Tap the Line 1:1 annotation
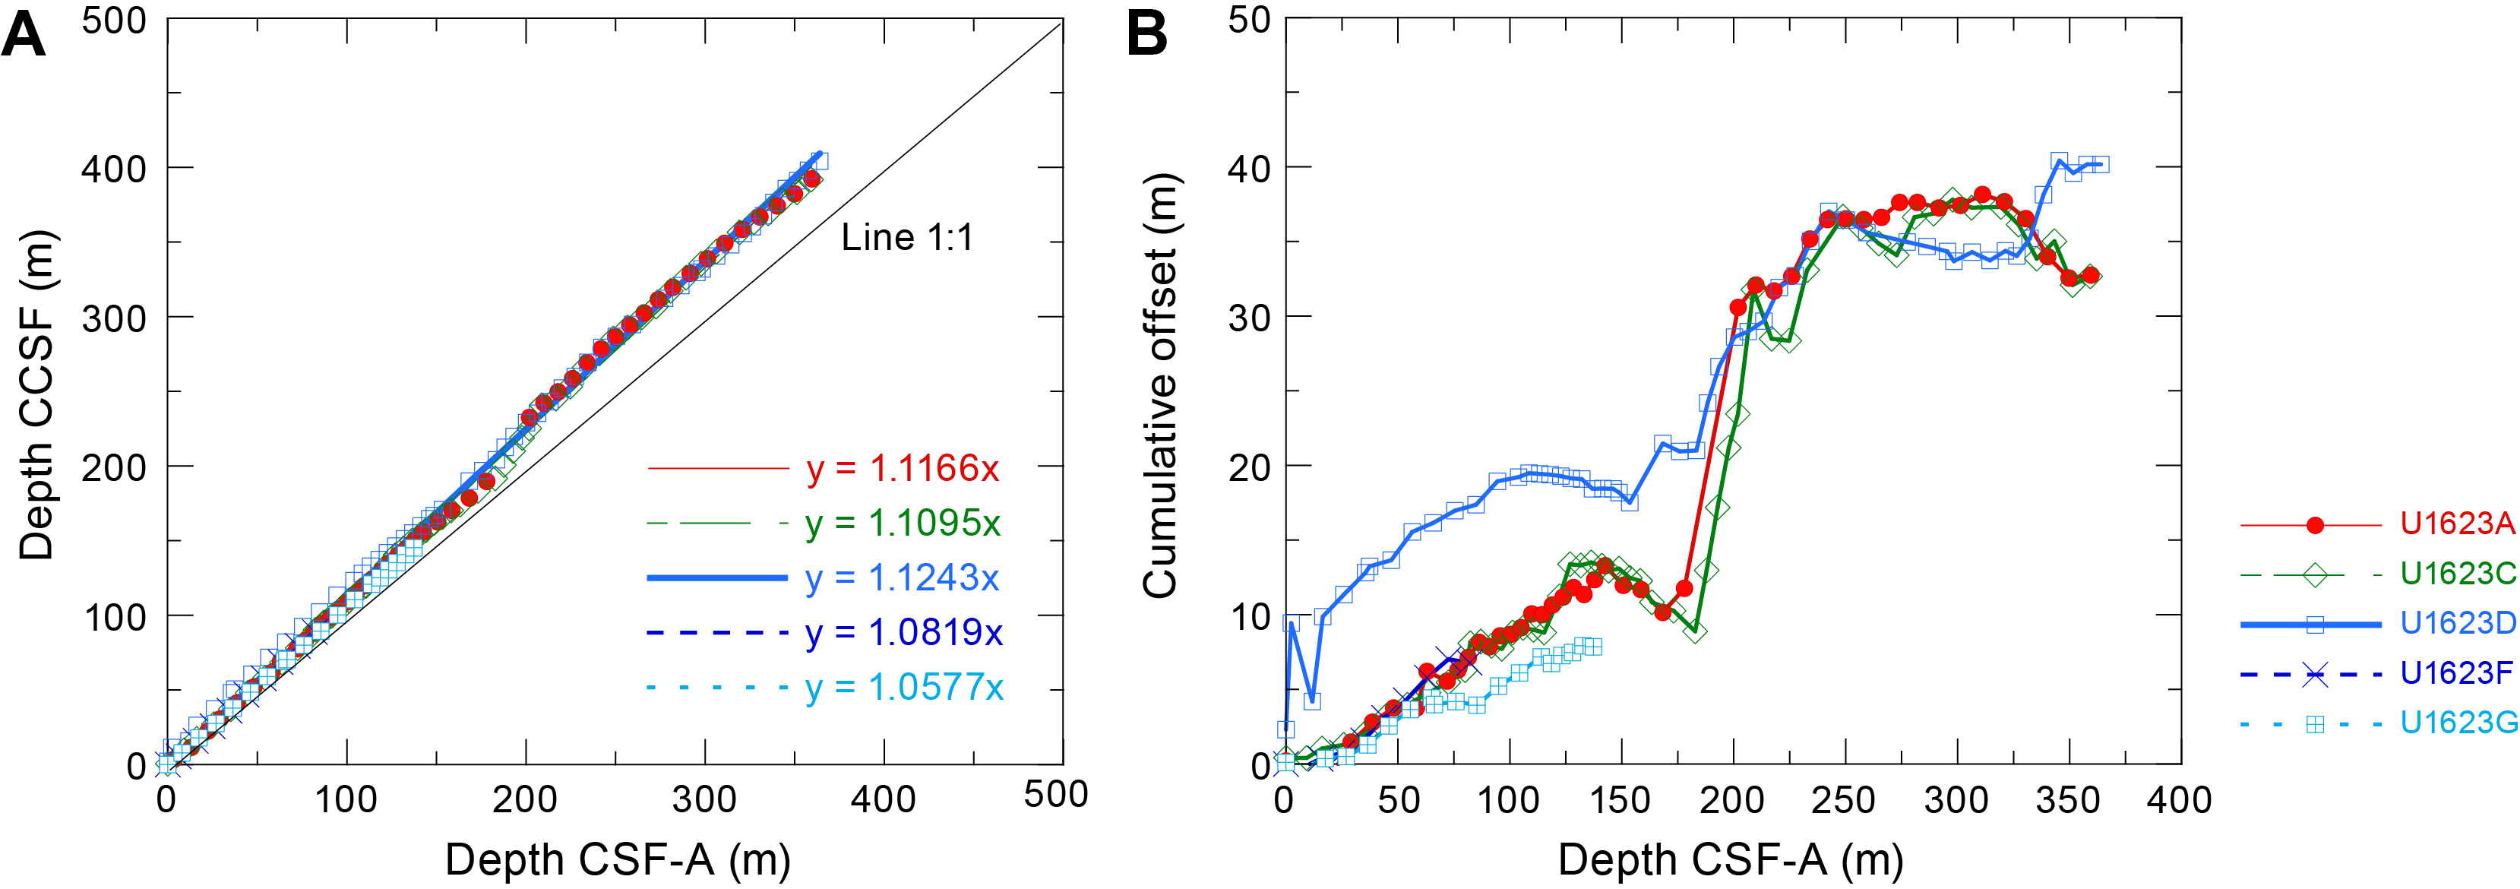(x=907, y=238)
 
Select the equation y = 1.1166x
(x=902, y=470)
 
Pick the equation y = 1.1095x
(x=902, y=524)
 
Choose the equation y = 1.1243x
(x=902, y=578)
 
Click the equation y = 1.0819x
(x=904, y=633)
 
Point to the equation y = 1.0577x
(x=904, y=688)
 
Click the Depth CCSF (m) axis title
(x=37, y=395)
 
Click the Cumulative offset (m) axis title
(x=1160, y=386)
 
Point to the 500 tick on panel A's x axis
(x=1055, y=795)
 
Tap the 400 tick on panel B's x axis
(x=2180, y=800)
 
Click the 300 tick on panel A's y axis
(x=113, y=319)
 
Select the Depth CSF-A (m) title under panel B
(x=1731, y=861)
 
